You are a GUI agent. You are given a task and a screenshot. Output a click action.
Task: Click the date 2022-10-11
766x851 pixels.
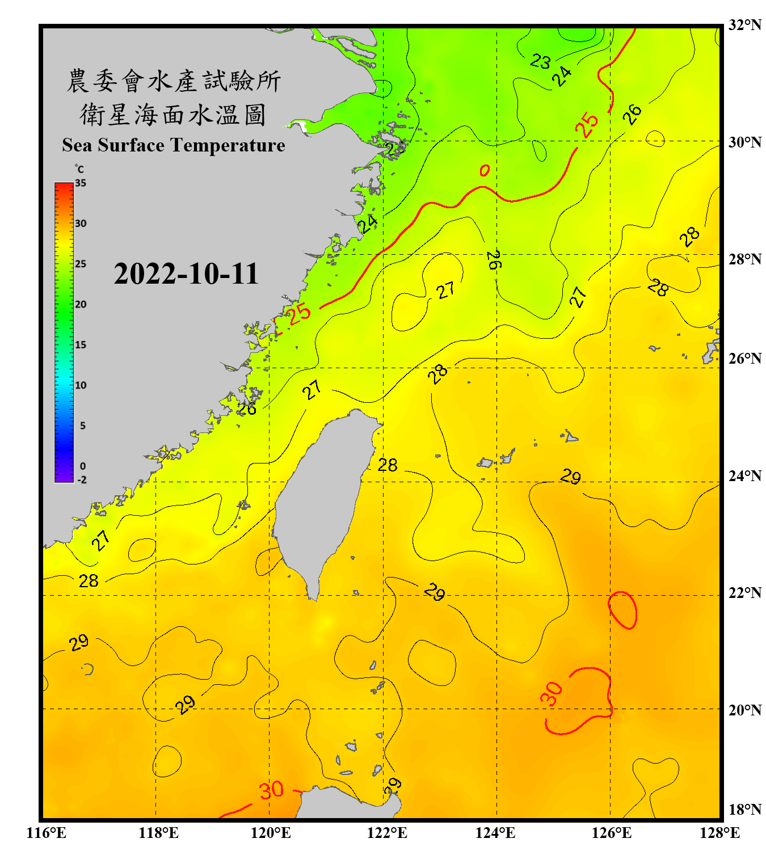click(x=186, y=274)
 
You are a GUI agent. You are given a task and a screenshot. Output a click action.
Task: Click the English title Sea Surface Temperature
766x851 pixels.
click(x=174, y=145)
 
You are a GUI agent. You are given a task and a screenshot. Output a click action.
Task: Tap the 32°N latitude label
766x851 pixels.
click(x=744, y=25)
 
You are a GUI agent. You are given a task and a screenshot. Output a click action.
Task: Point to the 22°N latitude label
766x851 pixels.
click(x=744, y=593)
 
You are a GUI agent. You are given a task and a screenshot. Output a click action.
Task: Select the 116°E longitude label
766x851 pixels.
click(x=47, y=833)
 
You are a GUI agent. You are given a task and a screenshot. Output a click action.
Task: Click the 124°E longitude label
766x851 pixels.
click(x=495, y=833)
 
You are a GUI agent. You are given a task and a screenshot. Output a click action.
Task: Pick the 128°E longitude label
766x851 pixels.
click(x=719, y=833)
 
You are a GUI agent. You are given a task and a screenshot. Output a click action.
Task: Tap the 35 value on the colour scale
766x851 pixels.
click(x=81, y=183)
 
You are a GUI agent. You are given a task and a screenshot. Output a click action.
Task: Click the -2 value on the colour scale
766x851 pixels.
click(x=82, y=480)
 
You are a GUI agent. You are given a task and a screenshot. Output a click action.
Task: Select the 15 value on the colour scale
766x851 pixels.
click(x=81, y=345)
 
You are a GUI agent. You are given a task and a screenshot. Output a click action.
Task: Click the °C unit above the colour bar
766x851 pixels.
click(x=79, y=169)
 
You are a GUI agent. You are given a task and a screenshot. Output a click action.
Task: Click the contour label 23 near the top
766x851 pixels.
click(x=540, y=61)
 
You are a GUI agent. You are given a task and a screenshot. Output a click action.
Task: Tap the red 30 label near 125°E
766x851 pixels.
click(x=551, y=694)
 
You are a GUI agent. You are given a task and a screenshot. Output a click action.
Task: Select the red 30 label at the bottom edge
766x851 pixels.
click(x=271, y=790)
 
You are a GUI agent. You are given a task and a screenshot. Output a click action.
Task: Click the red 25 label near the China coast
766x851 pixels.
click(x=299, y=313)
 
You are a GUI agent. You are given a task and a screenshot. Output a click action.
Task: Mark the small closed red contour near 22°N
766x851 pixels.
click(x=622, y=610)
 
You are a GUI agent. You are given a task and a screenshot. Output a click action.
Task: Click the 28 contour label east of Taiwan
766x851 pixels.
click(x=388, y=465)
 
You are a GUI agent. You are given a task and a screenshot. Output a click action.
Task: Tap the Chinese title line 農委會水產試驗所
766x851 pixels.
click(x=174, y=81)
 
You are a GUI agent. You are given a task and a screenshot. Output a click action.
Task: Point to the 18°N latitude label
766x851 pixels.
click(x=744, y=810)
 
